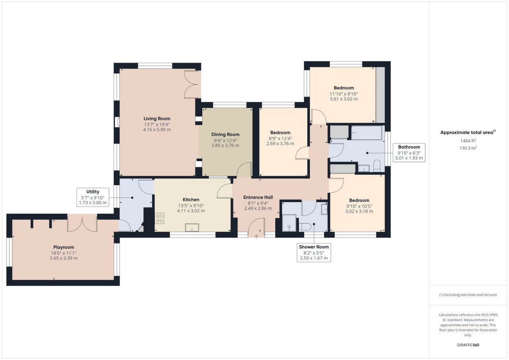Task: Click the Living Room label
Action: (157, 118)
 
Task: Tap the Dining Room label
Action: (225, 134)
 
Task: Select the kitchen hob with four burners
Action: (159, 219)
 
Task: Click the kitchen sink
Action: (192, 227)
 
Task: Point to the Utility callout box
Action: (93, 197)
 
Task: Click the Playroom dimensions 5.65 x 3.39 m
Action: (64, 258)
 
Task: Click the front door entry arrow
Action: (256, 237)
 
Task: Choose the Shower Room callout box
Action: (314, 253)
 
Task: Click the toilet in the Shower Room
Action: (305, 227)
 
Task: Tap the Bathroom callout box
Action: (409, 153)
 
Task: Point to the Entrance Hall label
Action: (258, 197)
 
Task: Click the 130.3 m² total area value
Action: (468, 148)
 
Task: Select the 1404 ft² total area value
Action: (468, 141)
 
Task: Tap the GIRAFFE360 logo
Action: (468, 345)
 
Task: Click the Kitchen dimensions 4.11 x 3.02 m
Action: (191, 211)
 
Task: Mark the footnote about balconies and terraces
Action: (468, 295)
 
